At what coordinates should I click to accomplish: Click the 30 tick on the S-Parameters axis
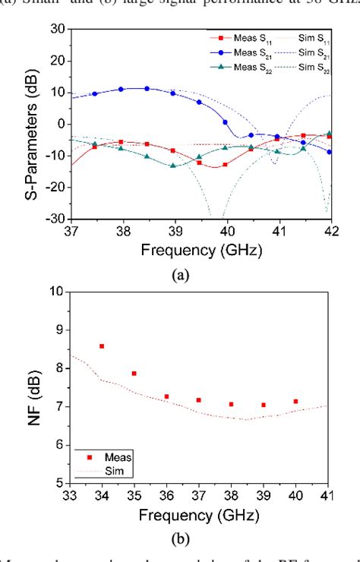click(58, 29)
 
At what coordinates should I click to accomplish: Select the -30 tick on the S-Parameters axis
click(56, 219)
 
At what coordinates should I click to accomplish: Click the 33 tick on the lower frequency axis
click(71, 494)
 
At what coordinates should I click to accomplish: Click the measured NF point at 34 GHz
click(102, 346)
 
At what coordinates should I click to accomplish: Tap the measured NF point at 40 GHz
click(295, 401)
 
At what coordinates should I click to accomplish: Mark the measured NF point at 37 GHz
click(198, 399)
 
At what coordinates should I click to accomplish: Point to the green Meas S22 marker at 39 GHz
click(173, 166)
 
